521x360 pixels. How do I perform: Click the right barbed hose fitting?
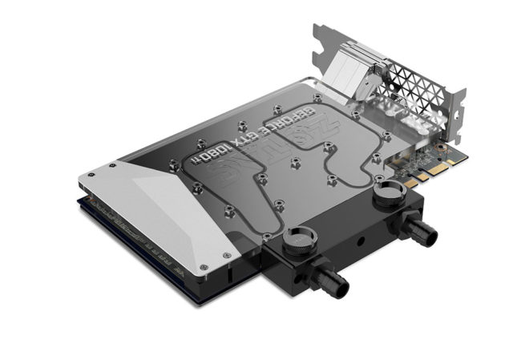420,230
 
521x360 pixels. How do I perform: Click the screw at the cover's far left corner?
113,165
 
